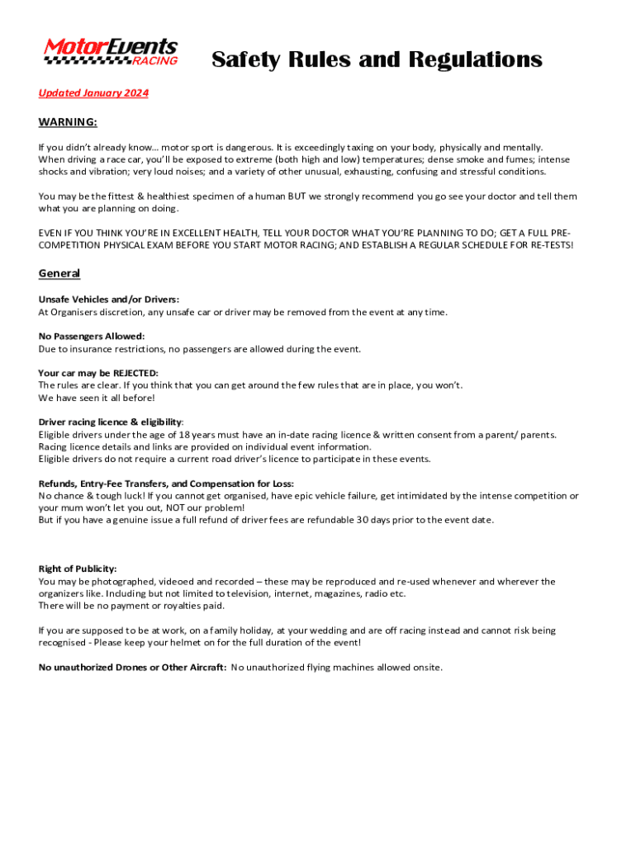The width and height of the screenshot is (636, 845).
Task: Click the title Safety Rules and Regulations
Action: click(377, 59)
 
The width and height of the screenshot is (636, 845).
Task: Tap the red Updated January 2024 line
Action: click(93, 93)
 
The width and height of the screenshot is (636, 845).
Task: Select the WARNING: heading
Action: click(68, 122)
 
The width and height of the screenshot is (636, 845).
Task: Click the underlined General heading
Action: click(59, 273)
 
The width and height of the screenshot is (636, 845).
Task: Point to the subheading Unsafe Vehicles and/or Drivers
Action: click(109, 299)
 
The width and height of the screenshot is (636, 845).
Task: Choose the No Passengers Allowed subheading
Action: click(92, 336)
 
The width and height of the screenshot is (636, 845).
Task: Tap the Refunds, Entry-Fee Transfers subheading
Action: click(166, 484)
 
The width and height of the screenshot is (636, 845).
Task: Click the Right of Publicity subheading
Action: click(78, 569)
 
